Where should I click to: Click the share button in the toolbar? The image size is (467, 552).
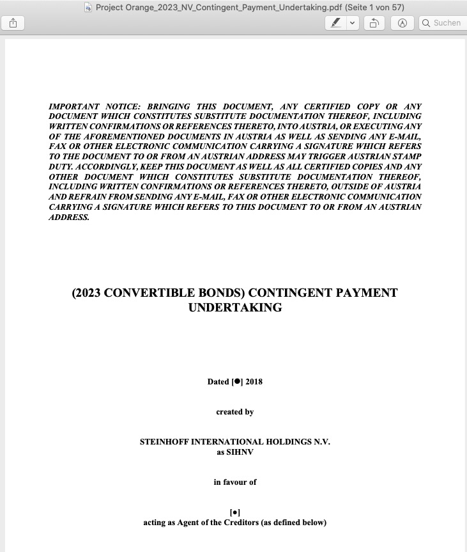click(13, 23)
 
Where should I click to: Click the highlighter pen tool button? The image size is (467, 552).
click(335, 23)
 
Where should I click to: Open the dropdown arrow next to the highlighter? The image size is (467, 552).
click(352, 23)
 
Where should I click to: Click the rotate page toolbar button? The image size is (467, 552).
click(374, 23)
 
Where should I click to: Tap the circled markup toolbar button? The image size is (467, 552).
click(402, 23)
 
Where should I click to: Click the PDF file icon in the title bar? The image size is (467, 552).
click(88, 8)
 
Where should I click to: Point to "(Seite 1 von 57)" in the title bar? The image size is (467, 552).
click(374, 8)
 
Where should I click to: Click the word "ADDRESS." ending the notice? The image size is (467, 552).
click(69, 217)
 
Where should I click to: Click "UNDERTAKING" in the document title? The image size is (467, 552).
click(235, 308)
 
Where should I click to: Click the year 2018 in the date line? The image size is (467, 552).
click(254, 382)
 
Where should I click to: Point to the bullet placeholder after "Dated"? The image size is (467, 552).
click(237, 382)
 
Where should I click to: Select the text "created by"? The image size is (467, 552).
click(235, 412)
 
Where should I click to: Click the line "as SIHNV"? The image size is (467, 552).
click(235, 452)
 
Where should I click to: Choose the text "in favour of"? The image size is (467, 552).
click(235, 482)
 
